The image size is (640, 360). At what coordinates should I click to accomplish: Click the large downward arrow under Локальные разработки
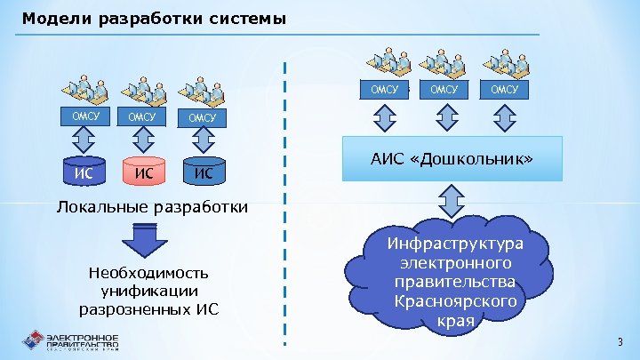139,237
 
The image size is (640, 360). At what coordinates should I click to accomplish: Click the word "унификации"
150,291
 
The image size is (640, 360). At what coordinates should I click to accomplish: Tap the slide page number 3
620,342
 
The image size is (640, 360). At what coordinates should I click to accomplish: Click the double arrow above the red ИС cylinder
143,139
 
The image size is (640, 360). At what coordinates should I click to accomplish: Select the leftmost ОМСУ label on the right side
385,89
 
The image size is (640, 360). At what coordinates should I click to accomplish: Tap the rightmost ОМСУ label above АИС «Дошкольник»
504,89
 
